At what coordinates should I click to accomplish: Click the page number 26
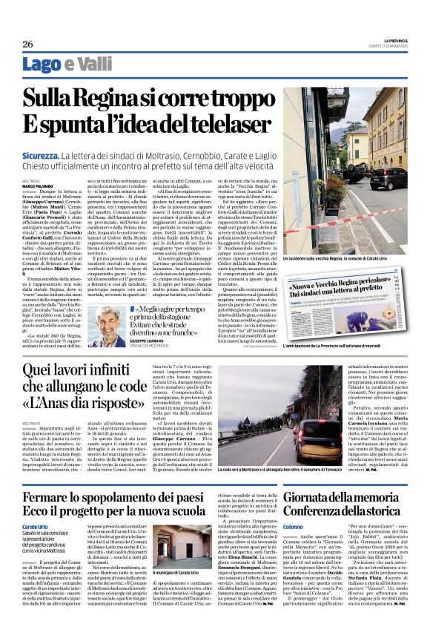click(27, 45)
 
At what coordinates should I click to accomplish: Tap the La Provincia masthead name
click(392, 39)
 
